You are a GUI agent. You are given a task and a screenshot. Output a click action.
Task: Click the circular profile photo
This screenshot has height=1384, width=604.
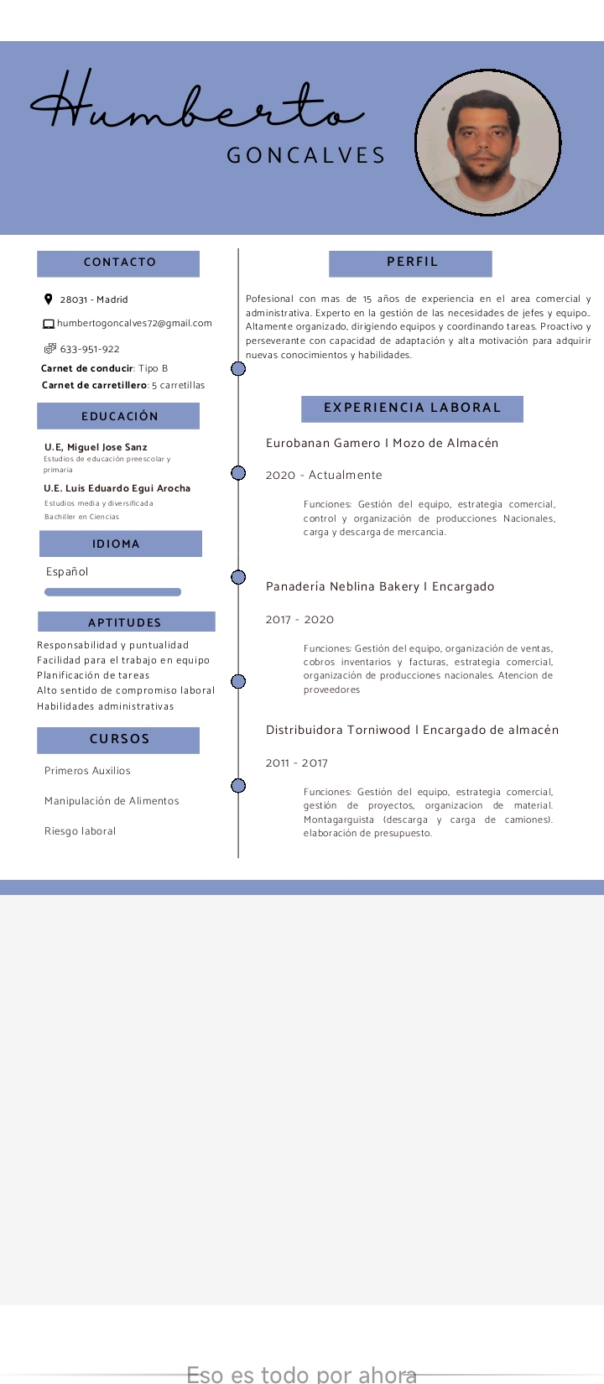click(x=488, y=143)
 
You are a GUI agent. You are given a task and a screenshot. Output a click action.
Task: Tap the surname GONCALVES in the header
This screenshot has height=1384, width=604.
click(x=306, y=155)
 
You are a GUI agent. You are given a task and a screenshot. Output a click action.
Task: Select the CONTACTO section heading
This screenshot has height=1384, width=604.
click(x=119, y=263)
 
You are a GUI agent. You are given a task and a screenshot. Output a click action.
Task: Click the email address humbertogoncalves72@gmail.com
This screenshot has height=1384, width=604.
click(x=134, y=323)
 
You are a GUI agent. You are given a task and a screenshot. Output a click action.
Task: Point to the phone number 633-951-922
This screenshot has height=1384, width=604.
click(x=90, y=349)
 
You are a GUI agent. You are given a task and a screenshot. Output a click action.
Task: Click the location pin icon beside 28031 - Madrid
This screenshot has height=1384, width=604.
click(x=49, y=299)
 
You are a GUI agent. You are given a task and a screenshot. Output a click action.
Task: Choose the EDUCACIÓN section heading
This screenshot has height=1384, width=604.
click(x=119, y=416)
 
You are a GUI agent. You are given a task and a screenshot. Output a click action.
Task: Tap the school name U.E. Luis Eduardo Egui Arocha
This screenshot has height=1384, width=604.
click(x=117, y=488)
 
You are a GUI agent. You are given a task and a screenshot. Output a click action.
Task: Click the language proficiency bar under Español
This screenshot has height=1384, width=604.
click(x=112, y=592)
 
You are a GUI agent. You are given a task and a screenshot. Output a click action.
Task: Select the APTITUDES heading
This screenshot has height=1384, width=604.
click(x=125, y=622)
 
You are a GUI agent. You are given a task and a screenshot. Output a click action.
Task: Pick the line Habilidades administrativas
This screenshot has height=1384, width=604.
click(x=106, y=706)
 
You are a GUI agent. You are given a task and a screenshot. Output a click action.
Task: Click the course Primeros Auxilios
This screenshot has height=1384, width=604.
click(x=87, y=771)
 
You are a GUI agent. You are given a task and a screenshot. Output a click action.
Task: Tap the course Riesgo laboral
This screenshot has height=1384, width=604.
click(x=80, y=831)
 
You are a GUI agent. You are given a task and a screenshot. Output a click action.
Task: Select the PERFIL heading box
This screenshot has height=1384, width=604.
click(x=411, y=263)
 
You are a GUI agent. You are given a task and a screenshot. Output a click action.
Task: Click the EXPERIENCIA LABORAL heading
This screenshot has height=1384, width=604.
click(x=412, y=408)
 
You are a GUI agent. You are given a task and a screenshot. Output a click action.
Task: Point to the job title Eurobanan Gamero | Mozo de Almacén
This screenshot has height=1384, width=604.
click(x=382, y=443)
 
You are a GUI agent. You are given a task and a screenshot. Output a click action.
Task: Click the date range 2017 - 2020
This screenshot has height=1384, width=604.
click(x=299, y=620)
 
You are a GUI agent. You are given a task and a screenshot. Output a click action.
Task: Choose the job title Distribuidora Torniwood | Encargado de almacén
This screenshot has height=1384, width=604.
click(x=412, y=730)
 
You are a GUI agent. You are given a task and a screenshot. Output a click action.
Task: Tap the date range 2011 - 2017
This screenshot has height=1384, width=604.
click(x=297, y=763)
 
